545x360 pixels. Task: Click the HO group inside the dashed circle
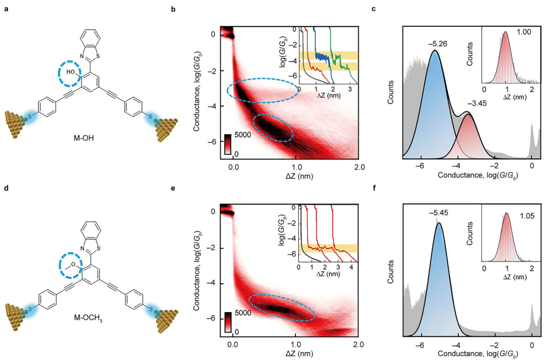pos(70,72)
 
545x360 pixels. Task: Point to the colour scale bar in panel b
pos(228,143)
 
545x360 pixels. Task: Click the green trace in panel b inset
pos(338,56)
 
